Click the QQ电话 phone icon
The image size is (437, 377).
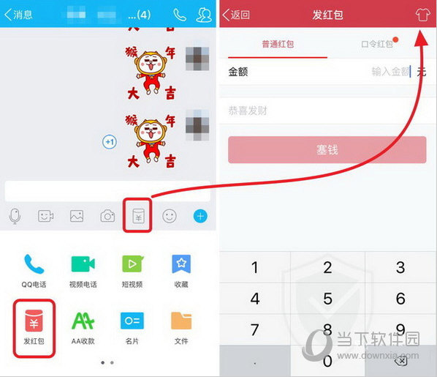click(x=34, y=264)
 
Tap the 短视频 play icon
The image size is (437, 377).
click(x=132, y=264)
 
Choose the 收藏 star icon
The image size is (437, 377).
click(x=181, y=264)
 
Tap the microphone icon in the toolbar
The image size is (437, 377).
click(x=15, y=216)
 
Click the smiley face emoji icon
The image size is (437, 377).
click(x=170, y=216)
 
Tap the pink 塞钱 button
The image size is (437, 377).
click(x=327, y=150)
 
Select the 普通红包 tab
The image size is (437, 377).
click(x=278, y=45)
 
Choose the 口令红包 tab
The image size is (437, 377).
click(x=377, y=45)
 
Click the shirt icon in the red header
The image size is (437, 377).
click(x=422, y=15)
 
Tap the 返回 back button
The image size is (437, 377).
click(x=237, y=15)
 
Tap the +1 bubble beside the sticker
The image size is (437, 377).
click(x=110, y=141)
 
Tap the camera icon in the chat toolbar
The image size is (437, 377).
click(x=107, y=216)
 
